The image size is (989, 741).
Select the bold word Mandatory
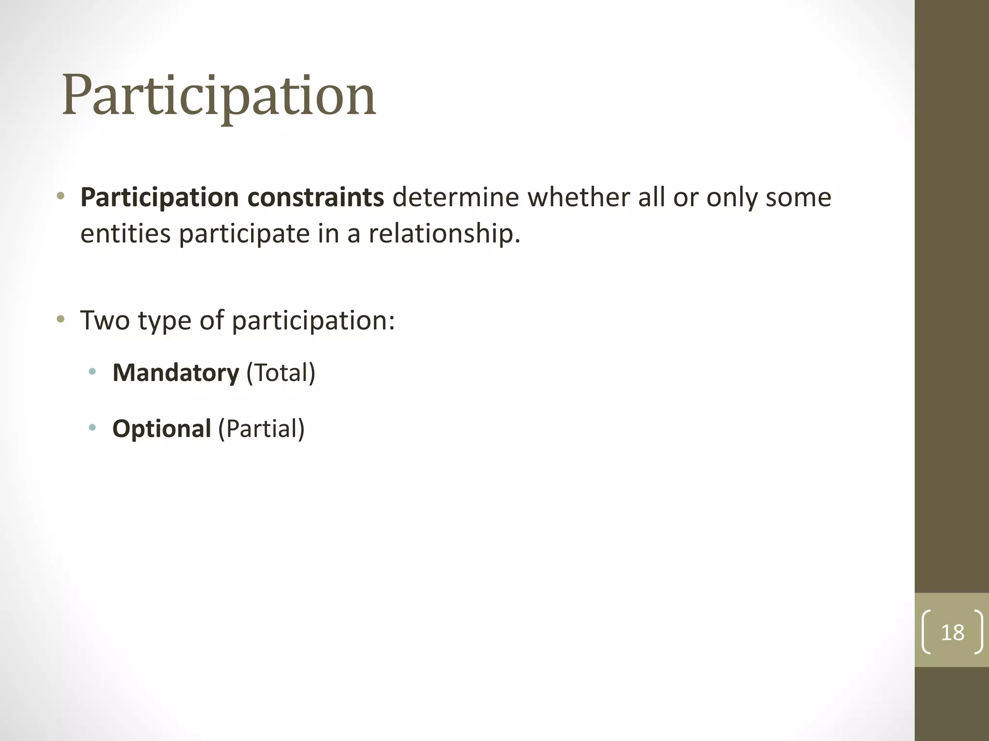point(176,373)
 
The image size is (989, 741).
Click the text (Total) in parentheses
point(281,373)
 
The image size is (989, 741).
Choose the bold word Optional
point(162,428)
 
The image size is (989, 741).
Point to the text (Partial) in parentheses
point(261,428)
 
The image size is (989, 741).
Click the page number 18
point(952,632)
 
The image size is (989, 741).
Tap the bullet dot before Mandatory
point(92,371)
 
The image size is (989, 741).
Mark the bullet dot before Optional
point(92,427)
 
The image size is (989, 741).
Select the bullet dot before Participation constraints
point(60,196)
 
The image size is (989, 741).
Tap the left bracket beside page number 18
point(926,632)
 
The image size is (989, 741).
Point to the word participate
point(244,234)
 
